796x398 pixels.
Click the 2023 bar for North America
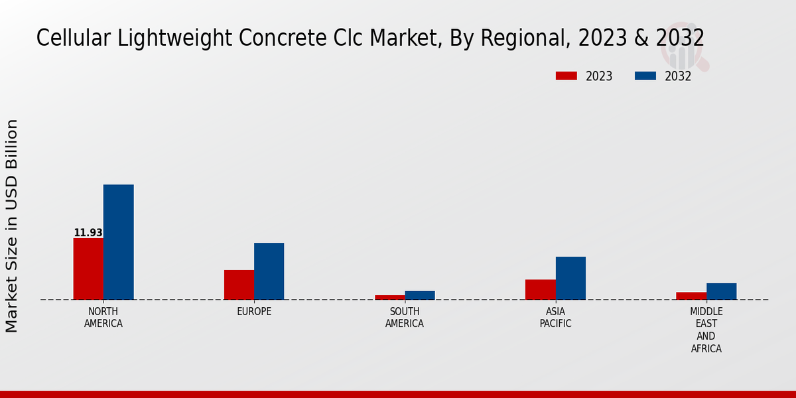coord(88,269)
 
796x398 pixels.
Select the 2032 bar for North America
coord(118,242)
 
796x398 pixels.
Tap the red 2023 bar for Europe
coord(239,285)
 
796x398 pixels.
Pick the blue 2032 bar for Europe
coord(269,271)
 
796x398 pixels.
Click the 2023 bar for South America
coord(389,297)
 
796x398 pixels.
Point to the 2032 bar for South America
coord(420,295)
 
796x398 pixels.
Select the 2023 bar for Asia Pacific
coord(540,289)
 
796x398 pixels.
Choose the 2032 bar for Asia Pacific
coord(570,278)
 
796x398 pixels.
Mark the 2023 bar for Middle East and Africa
coord(691,296)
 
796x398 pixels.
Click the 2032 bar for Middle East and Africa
coord(721,291)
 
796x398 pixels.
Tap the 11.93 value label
coord(88,233)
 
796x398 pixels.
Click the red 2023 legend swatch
coord(566,76)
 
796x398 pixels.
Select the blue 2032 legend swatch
coord(645,76)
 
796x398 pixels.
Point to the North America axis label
coord(103,318)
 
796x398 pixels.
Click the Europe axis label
coord(254,312)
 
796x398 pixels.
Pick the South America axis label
coord(405,318)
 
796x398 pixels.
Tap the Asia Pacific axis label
coord(555,318)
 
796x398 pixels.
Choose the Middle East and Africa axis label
coord(706,330)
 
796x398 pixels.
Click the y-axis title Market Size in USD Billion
coord(12,226)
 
